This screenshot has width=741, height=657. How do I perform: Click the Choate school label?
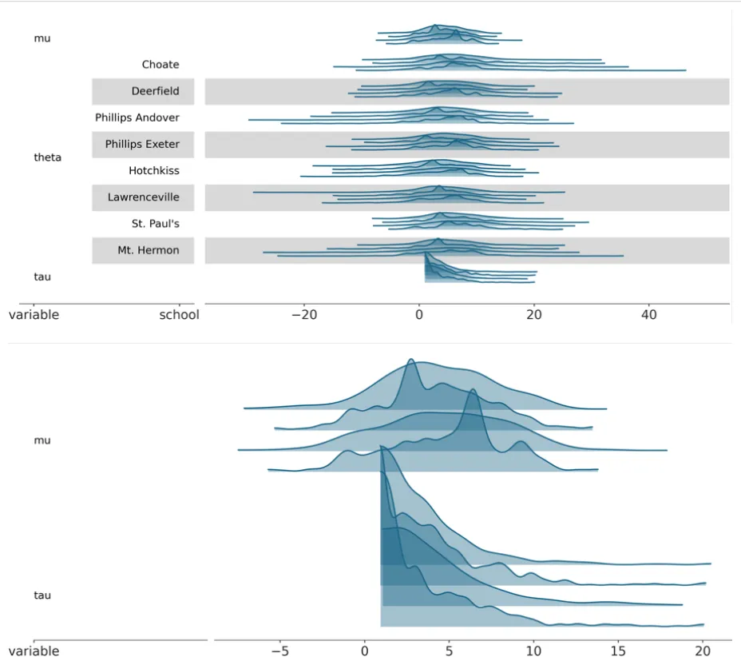tap(160, 65)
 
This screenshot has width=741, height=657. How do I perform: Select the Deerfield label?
tap(155, 91)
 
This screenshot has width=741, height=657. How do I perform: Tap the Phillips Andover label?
tap(137, 117)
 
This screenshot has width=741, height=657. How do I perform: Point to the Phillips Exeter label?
tap(142, 145)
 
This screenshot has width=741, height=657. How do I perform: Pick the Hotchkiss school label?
tap(153, 171)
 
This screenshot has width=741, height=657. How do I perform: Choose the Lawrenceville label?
tap(143, 197)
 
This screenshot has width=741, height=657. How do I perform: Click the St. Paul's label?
tap(155, 224)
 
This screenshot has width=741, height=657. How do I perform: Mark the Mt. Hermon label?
tap(148, 250)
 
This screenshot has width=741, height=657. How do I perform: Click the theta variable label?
tap(47, 157)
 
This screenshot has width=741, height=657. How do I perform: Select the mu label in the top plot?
tap(42, 38)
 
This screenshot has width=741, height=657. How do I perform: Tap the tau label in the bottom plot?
tap(42, 595)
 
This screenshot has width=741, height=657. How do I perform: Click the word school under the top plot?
tap(179, 315)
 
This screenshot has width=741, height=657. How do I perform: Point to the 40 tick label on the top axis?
tap(649, 315)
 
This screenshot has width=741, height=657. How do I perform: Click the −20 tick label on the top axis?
tap(304, 315)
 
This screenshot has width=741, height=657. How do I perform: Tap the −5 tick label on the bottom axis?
tap(279, 651)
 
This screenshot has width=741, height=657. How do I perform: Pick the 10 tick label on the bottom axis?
tap(533, 651)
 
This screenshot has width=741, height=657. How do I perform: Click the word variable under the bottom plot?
tap(34, 651)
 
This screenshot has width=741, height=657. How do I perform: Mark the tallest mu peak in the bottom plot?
tap(411, 360)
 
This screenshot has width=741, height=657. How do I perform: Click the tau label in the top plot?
tap(42, 277)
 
